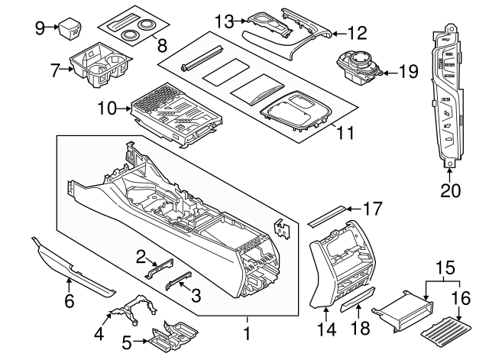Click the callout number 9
[x=40, y=28]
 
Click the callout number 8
[x=160, y=45]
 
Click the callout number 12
[x=356, y=33]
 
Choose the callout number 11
[x=345, y=132]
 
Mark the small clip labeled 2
[x=157, y=265]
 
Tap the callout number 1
[x=246, y=334]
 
